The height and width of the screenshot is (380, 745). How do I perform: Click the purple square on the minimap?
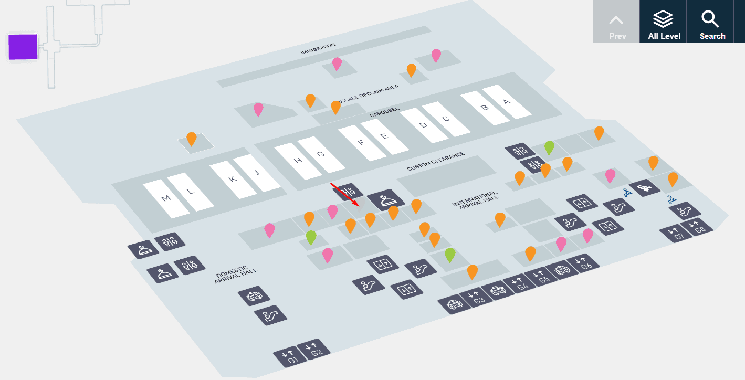(x=23, y=47)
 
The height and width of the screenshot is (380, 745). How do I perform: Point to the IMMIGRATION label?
(x=318, y=49)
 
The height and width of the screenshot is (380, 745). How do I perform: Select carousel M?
(x=166, y=198)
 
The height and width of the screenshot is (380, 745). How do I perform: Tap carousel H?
(x=298, y=161)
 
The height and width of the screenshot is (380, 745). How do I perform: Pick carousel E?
(x=384, y=136)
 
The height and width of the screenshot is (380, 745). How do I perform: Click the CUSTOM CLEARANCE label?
(x=435, y=162)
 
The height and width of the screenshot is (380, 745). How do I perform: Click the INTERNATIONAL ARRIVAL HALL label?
(x=475, y=200)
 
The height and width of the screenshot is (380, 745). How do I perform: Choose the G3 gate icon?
(x=477, y=298)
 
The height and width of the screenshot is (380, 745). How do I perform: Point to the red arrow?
(x=344, y=194)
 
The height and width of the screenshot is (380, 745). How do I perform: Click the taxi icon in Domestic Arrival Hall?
(x=254, y=296)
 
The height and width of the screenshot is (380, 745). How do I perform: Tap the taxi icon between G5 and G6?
(x=562, y=270)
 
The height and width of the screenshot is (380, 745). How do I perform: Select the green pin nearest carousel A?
(x=549, y=148)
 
